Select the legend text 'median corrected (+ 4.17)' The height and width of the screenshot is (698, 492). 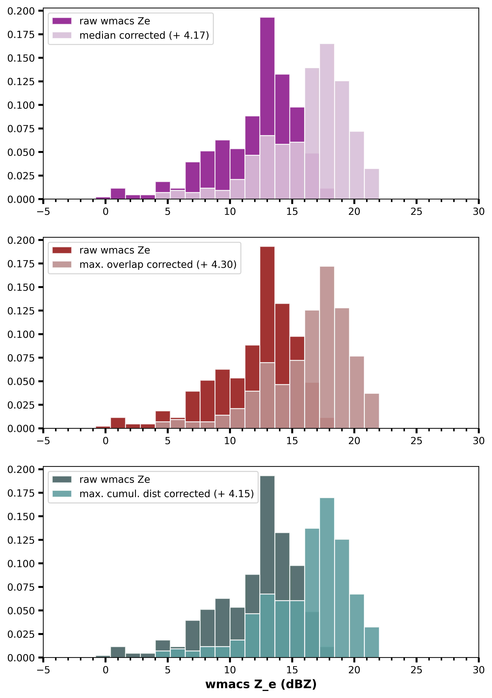tap(144, 35)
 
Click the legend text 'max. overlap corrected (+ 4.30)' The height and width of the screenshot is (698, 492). tap(158, 264)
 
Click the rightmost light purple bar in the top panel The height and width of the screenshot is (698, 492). tap(372, 184)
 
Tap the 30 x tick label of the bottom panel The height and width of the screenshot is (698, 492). tap(478, 670)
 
